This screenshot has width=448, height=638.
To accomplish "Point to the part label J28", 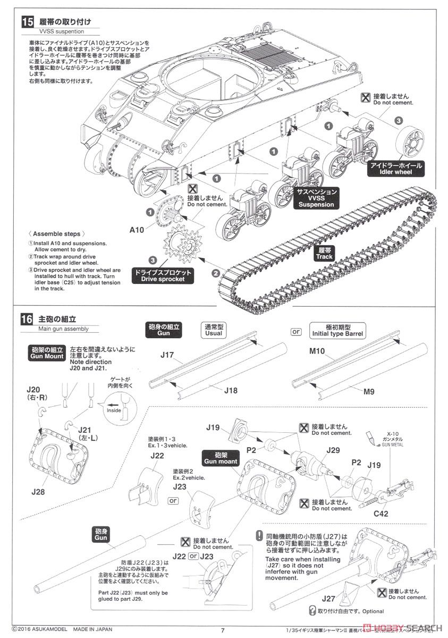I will [x=38, y=491].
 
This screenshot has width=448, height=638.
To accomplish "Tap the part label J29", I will [x=333, y=450].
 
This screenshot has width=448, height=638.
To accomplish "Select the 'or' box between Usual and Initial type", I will [x=296, y=331].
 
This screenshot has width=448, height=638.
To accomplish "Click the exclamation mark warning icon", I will [x=259, y=536].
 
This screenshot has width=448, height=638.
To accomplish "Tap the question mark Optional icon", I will [x=312, y=611].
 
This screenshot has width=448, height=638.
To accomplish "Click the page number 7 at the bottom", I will [x=224, y=631].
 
